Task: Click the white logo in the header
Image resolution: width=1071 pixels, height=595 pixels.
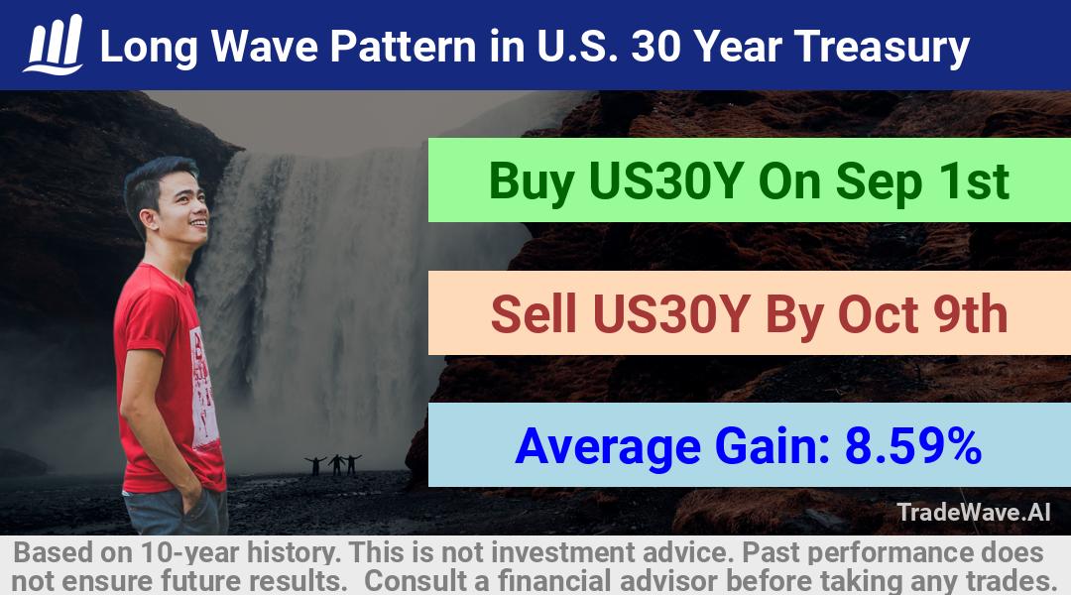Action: click(x=54, y=45)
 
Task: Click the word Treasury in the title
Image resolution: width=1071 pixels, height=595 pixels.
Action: click(x=882, y=48)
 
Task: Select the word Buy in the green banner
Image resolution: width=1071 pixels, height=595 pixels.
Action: click(x=531, y=182)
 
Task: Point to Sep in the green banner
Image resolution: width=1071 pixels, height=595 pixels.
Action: click(x=879, y=182)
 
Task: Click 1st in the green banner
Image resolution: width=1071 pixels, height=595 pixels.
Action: click(x=974, y=181)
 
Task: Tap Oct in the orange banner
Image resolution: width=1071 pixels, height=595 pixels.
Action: click(x=877, y=315)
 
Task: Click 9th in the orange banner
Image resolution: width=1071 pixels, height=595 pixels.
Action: click(x=970, y=314)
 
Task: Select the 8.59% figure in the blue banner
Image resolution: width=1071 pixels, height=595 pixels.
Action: click(x=912, y=446)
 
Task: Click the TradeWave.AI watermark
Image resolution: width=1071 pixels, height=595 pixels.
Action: click(x=974, y=512)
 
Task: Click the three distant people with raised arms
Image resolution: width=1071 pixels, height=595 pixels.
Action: click(x=334, y=464)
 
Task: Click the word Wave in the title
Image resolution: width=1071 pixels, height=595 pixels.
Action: click(x=265, y=48)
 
